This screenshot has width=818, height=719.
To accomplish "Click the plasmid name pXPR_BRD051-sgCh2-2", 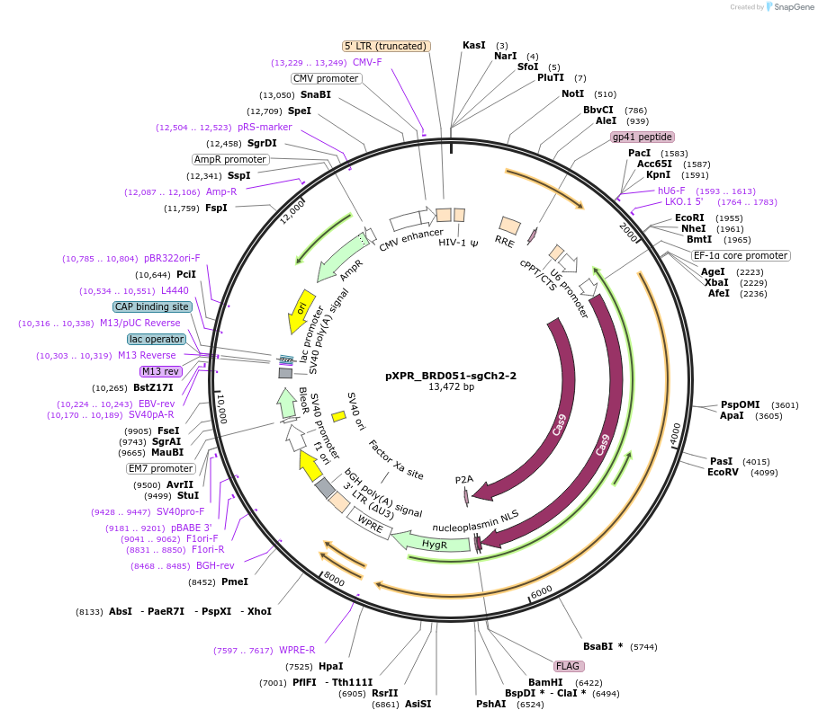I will pos(451,376).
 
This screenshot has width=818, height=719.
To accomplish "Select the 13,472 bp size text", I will pos(451,387).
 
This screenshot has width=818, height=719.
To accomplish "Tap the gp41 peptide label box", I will pos(643,137).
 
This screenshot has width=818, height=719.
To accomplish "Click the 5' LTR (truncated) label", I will pos(387,46).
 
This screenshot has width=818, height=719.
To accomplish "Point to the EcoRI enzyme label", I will pos(689,217).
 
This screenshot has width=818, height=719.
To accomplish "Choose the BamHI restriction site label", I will pos(545,682).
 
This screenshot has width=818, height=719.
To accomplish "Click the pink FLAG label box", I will pos(569,666).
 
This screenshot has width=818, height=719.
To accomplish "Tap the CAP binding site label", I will pos(152,306).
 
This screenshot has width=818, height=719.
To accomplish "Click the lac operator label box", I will pos(156,339).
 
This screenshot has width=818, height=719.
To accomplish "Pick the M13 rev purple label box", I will pos(160,371).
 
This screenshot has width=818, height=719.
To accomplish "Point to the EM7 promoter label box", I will pos(161,468).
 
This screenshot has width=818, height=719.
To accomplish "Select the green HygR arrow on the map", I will pos(436,542).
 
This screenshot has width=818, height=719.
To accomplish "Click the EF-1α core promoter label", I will pos(741,255).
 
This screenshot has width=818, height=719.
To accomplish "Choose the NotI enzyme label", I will pos(572,93).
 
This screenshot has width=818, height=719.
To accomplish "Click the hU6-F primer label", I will pos(671,191).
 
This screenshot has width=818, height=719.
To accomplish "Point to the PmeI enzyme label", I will pos(234,581).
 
